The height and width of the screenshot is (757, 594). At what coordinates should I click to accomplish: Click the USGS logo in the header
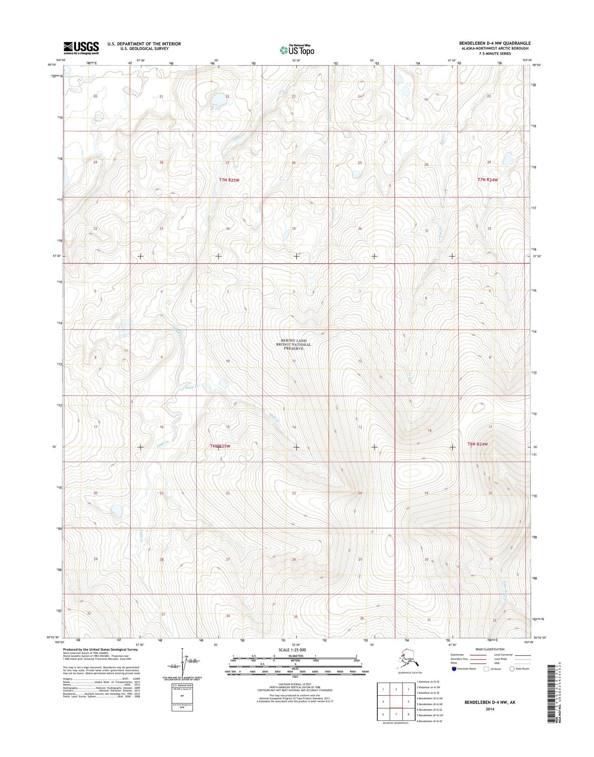click(x=81, y=48)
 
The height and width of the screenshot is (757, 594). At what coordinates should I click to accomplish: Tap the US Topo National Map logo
click(x=297, y=50)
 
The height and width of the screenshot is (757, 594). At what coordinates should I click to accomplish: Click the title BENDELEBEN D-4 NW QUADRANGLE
click(x=495, y=43)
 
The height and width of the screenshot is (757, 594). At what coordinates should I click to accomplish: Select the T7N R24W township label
click(x=488, y=180)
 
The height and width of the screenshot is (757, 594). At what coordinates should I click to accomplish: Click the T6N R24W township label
click(x=477, y=444)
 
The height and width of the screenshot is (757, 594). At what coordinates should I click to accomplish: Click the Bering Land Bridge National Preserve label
click(x=294, y=344)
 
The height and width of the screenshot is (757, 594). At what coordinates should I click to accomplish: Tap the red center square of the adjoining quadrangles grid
click(x=395, y=702)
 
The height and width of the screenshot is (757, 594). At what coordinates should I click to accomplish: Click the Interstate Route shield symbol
click(x=454, y=669)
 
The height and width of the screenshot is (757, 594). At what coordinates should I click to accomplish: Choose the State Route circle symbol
click(x=512, y=669)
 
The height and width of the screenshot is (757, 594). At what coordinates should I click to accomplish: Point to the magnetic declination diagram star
click(x=182, y=650)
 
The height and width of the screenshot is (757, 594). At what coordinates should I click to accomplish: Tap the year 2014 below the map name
click(x=489, y=709)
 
